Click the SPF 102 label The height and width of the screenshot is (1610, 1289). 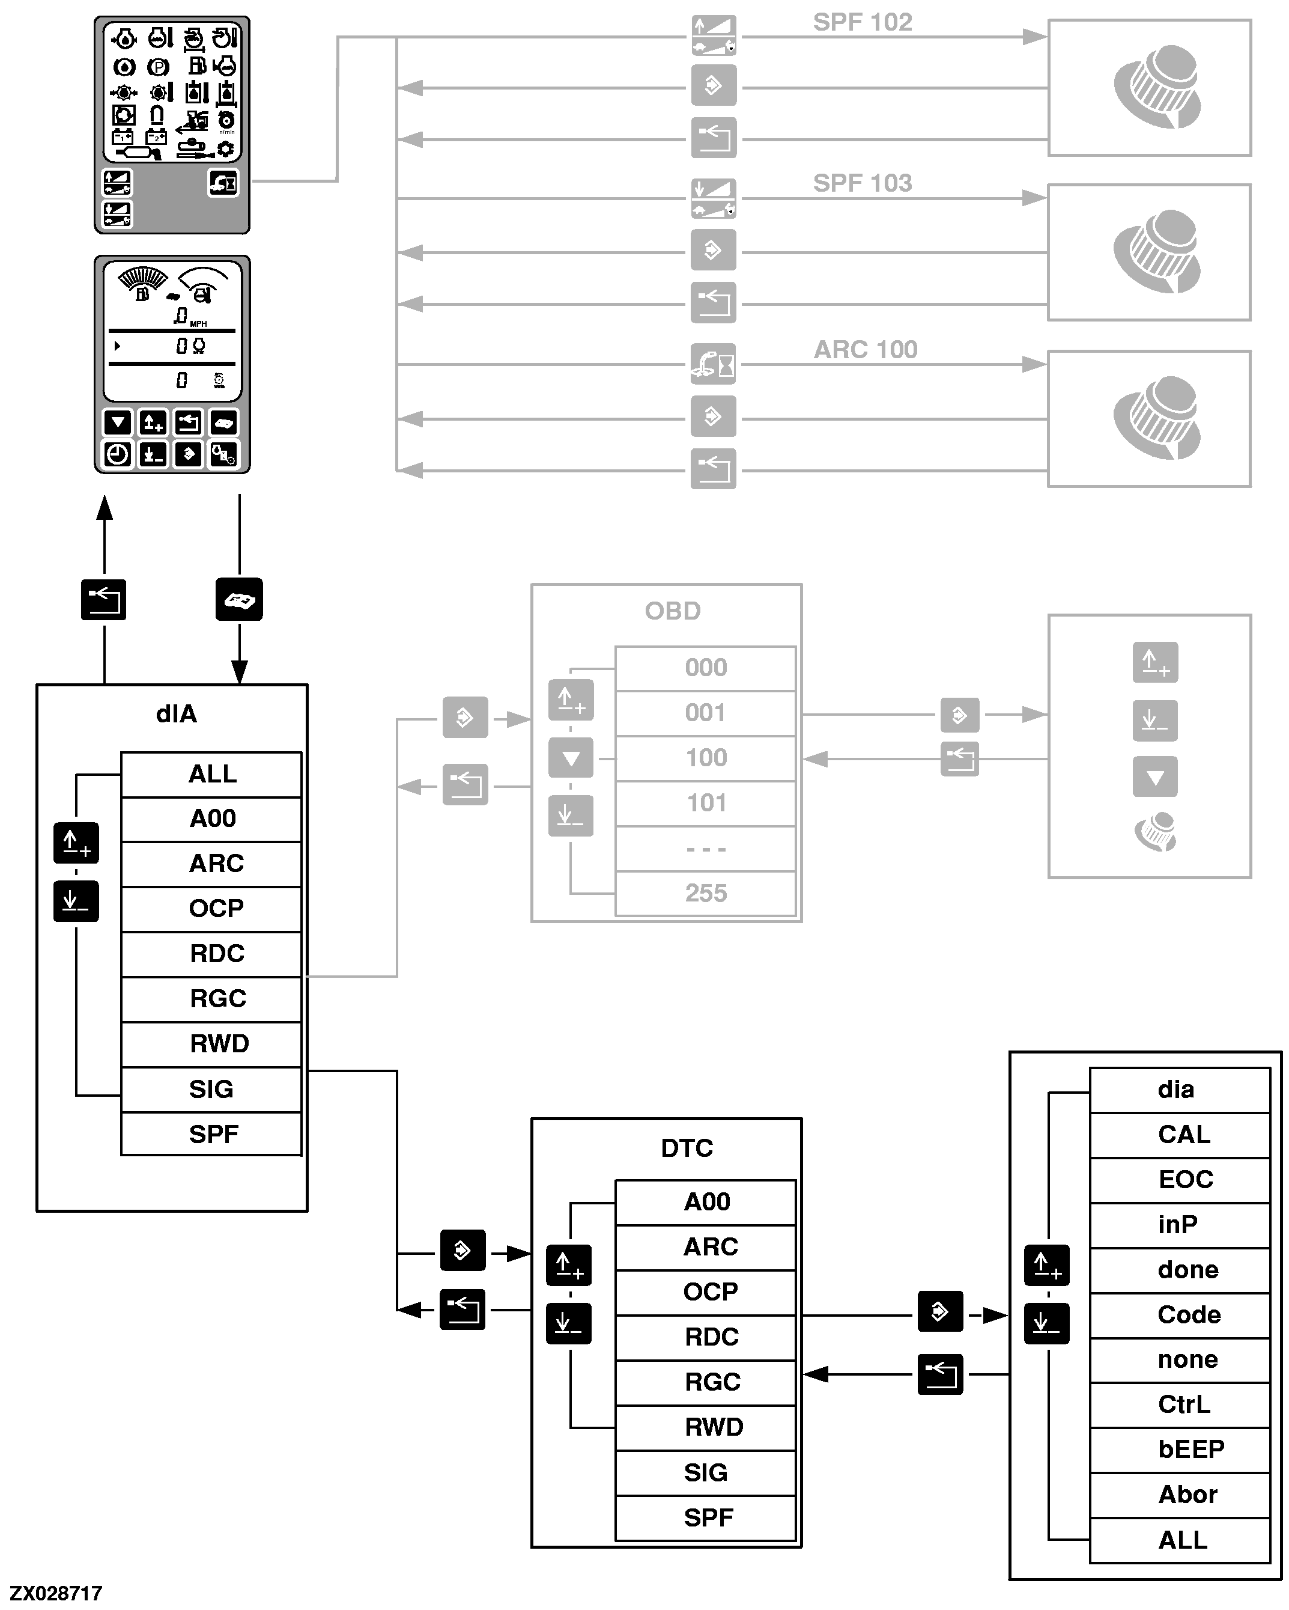click(862, 22)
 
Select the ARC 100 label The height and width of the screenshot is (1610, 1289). click(865, 350)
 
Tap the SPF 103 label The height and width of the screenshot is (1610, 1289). click(862, 183)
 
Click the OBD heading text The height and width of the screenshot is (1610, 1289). click(673, 611)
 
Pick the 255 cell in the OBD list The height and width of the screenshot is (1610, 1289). click(705, 893)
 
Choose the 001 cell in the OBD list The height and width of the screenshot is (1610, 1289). click(705, 713)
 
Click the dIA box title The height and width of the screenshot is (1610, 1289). click(176, 714)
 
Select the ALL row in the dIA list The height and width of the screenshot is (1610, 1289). click(212, 775)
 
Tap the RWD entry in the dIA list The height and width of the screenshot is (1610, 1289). click(219, 1044)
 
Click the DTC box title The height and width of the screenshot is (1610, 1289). click(687, 1148)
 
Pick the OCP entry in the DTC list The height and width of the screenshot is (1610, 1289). click(710, 1292)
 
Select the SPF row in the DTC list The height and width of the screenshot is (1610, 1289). click(708, 1517)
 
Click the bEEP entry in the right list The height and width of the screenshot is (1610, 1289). click(1190, 1450)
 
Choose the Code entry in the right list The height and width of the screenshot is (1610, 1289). click(1188, 1314)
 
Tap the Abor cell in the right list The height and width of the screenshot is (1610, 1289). click(1187, 1494)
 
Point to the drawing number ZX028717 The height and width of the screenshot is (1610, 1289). click(56, 1594)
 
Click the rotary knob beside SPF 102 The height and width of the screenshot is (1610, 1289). click(1157, 87)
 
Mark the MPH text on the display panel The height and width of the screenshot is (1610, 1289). click(199, 324)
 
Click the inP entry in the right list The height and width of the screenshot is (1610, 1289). click(1177, 1225)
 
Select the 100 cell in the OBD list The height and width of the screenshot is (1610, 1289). click(705, 758)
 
